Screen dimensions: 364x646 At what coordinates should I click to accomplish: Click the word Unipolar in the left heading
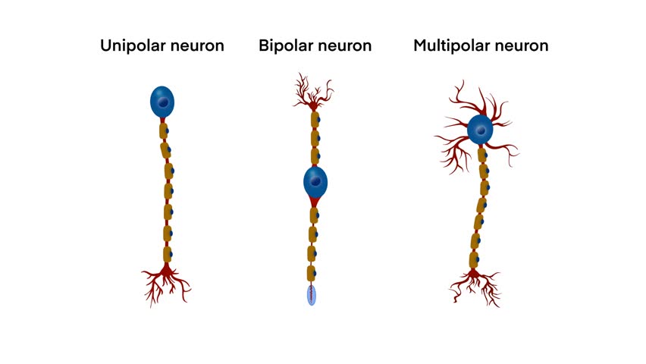pos(130,45)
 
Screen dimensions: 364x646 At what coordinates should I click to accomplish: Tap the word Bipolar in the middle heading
pos(285,45)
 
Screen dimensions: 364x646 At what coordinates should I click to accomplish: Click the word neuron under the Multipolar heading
pos(522,45)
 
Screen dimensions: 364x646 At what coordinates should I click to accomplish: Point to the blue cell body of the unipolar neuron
pos(162,102)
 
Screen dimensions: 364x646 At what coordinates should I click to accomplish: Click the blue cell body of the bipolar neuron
pos(315,181)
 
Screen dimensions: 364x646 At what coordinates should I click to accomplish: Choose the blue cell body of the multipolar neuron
pos(479,130)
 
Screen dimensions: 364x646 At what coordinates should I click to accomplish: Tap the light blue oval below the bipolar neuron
pos(312,295)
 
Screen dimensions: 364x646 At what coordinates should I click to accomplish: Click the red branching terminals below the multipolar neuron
pos(475,284)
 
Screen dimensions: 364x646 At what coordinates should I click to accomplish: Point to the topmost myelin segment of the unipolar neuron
pos(163,131)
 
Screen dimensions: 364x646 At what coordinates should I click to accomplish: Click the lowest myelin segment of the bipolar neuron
pos(312,273)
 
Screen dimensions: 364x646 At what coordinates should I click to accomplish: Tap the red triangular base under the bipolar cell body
pos(314,201)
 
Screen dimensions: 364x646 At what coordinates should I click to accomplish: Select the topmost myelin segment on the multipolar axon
pos(482,155)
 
